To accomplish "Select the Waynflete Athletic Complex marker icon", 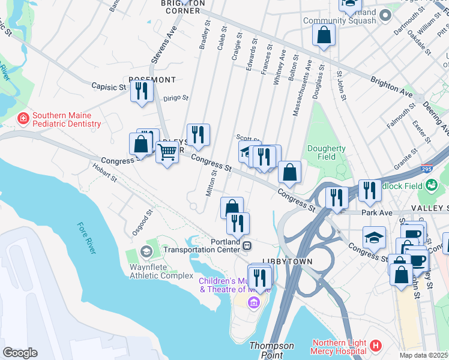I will [x=145, y=251].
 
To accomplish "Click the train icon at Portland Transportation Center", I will [x=247, y=245].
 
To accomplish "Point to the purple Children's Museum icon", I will [x=253, y=301].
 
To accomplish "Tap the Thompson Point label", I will [x=271, y=350].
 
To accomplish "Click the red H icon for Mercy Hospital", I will [x=376, y=346].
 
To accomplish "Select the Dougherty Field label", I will [x=326, y=152].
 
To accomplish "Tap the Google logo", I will [x=20, y=352].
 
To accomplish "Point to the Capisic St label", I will [x=109, y=87].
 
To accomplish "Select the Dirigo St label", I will [x=176, y=98].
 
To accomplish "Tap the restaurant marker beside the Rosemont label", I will [x=142, y=91].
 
